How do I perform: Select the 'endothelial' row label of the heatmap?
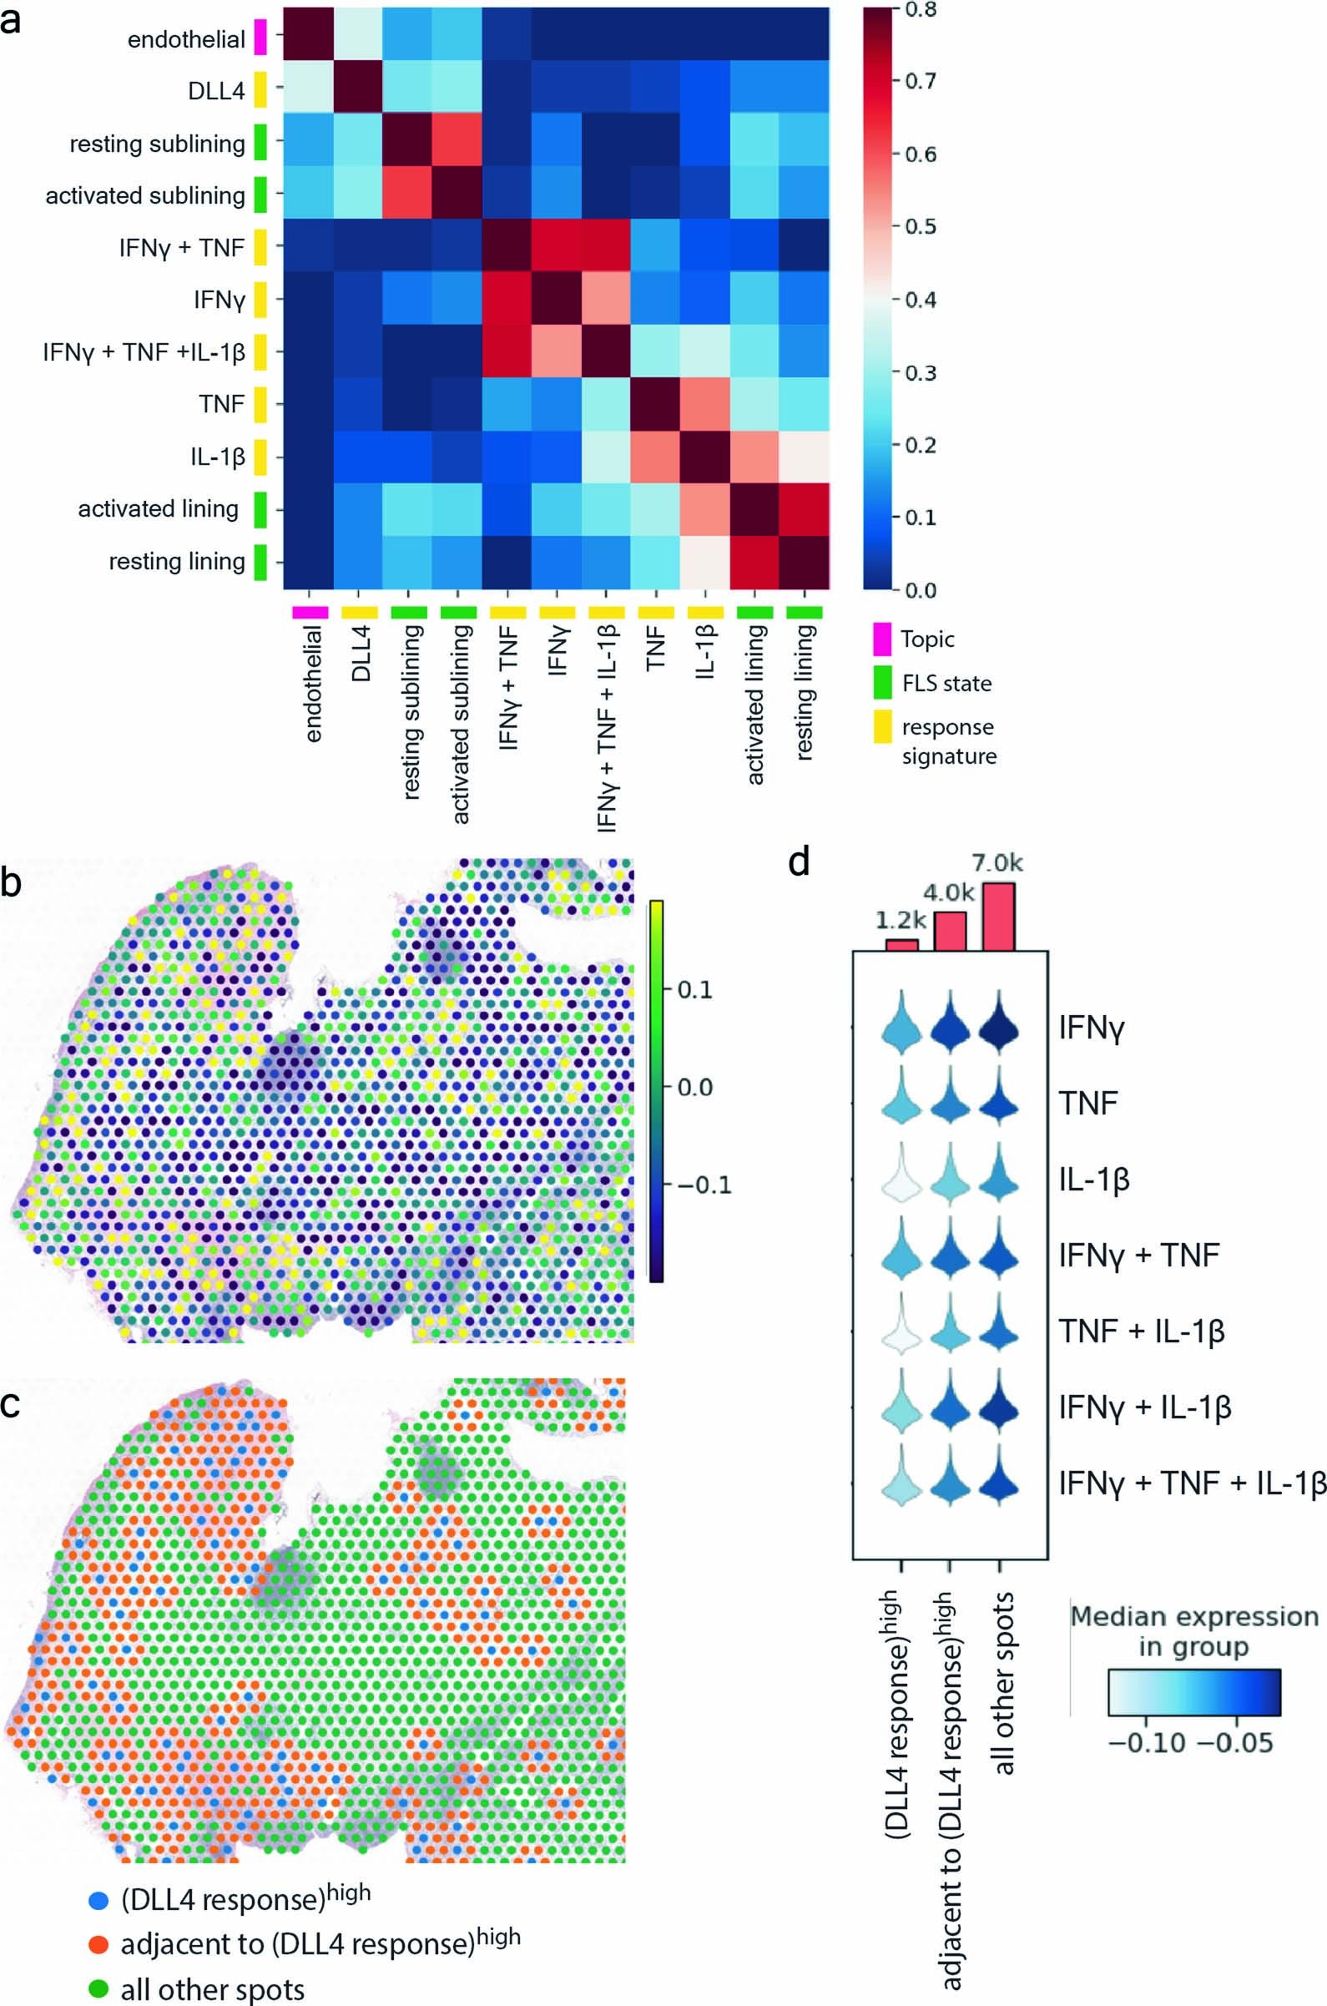tap(186, 40)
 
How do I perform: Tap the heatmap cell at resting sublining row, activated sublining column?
tap(457, 143)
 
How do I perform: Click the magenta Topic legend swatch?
tap(882, 640)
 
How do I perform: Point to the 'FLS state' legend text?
tap(946, 684)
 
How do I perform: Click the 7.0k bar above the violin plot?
tap(999, 917)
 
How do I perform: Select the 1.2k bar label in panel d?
tap(901, 920)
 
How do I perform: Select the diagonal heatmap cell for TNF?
tap(655, 405)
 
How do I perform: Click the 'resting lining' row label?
tap(177, 562)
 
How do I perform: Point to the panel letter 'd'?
tap(800, 862)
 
